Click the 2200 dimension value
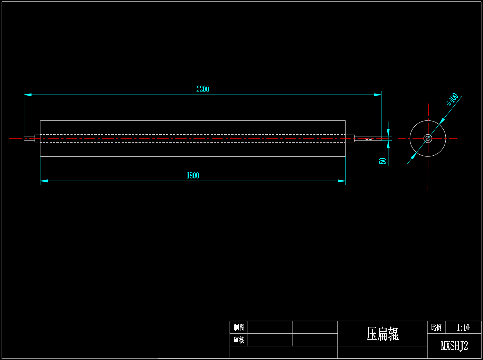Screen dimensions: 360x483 tap(203, 89)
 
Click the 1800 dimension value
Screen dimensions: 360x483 tap(193, 175)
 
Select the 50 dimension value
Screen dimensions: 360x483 tap(383, 161)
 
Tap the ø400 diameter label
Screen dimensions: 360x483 tap(453, 99)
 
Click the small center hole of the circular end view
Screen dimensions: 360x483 tap(428, 138)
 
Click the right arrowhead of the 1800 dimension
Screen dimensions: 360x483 tap(342, 181)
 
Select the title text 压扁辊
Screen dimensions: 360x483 tap(382, 334)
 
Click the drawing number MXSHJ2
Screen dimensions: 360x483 tap(454, 346)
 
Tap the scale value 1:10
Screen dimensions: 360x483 tap(463, 328)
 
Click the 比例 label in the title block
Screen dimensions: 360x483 tap(436, 327)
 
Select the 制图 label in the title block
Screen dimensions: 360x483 tap(239, 327)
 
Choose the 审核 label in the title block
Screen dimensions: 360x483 tap(239, 340)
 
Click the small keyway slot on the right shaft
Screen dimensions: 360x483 tap(369, 139)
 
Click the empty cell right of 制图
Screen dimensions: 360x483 tap(270, 327)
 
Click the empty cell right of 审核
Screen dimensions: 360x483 tap(270, 340)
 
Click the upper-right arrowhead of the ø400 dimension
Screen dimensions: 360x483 tap(442, 121)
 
